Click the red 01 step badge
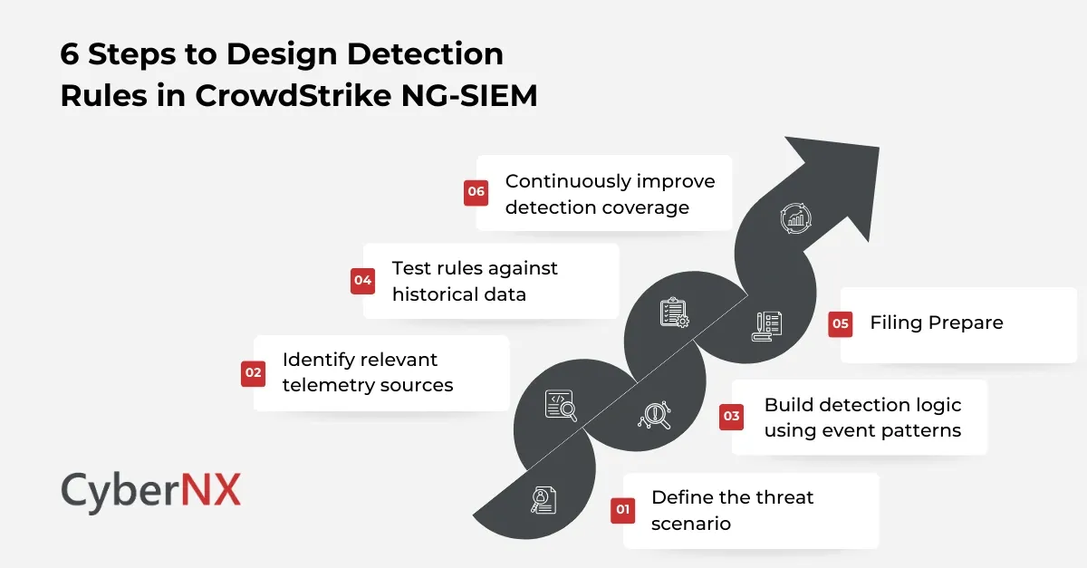coord(622,510)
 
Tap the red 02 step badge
coord(253,372)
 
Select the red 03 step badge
coord(731,417)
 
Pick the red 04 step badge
coord(363,281)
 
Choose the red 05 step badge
coord(841,323)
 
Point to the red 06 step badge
coord(476,193)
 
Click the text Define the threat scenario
coord(732,510)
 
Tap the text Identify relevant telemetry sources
coord(367,372)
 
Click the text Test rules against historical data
coord(474,281)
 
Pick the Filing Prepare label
coord(936,323)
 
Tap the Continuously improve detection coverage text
coord(610,194)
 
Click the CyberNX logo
coord(150,491)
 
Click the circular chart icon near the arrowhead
coord(795,218)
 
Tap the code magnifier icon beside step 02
coord(561,405)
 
